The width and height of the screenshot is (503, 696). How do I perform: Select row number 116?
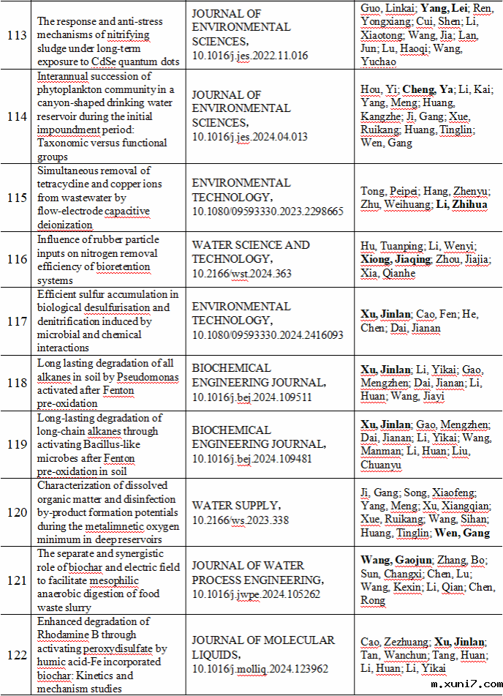pyautogui.click(x=16, y=260)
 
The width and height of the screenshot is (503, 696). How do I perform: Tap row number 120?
pyautogui.click(x=16, y=512)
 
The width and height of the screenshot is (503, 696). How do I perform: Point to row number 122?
pyautogui.click(x=16, y=655)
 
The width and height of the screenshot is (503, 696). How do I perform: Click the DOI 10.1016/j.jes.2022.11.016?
pyautogui.click(x=250, y=55)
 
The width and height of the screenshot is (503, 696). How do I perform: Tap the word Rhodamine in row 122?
pyautogui.click(x=66, y=635)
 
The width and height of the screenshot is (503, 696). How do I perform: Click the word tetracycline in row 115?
pyautogui.click(x=69, y=184)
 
